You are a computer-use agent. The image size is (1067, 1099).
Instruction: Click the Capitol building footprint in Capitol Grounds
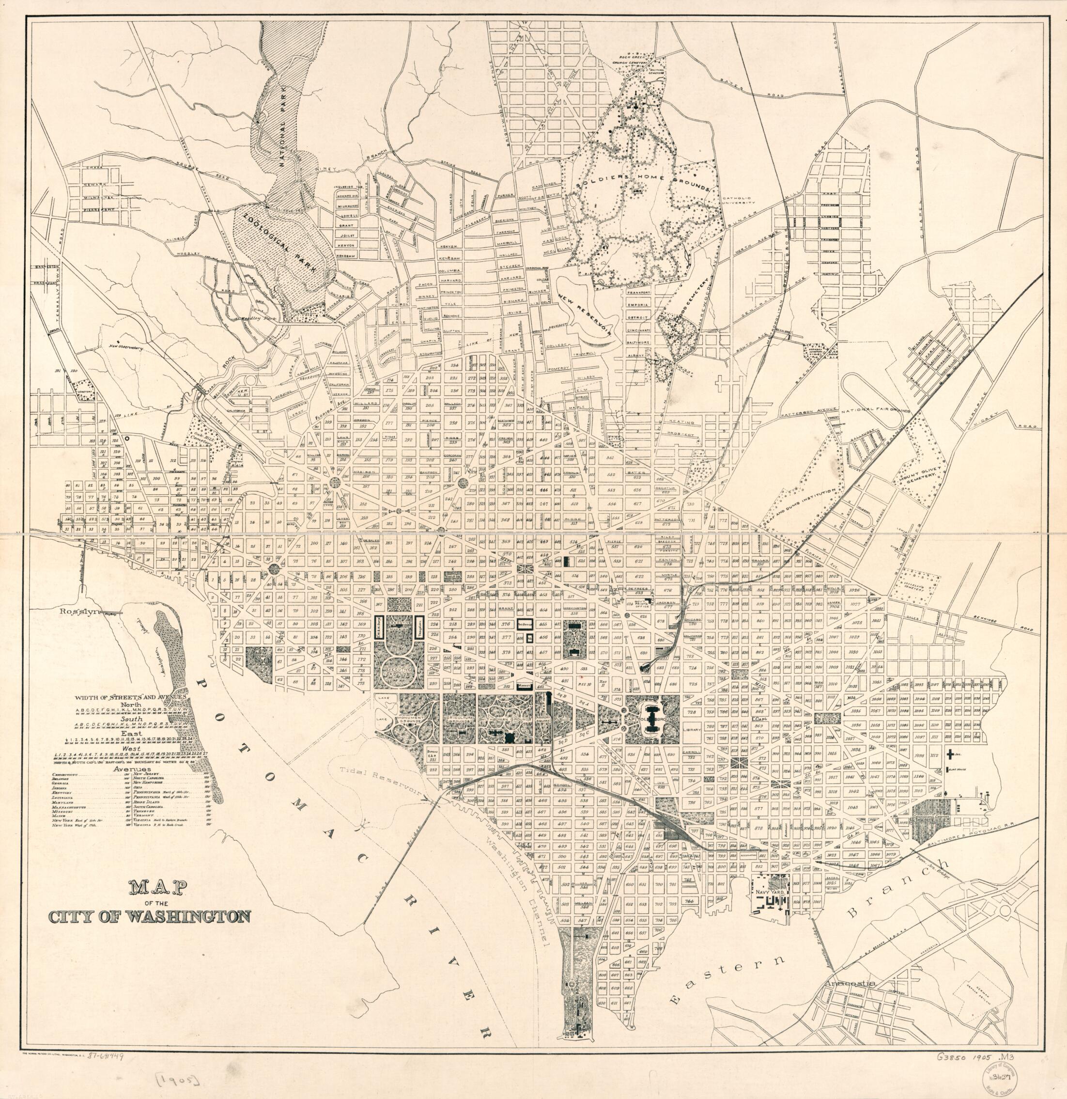pyautogui.click(x=650, y=727)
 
